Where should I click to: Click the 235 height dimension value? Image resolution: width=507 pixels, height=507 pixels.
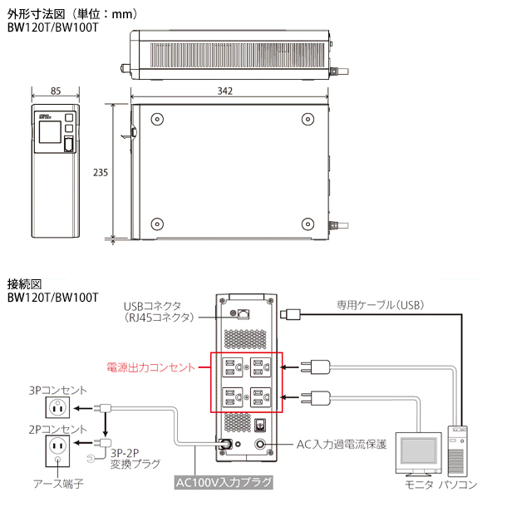tap(100, 172)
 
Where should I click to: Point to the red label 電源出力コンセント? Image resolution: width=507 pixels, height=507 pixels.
tap(150, 367)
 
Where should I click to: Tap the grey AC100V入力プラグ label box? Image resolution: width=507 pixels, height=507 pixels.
tap(224, 481)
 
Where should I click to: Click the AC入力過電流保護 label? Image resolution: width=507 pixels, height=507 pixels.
tap(342, 445)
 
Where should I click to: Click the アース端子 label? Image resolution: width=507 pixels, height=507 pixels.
tap(56, 482)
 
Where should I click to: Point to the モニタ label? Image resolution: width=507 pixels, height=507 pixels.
tap(418, 484)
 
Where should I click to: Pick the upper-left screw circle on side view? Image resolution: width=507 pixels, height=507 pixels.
tap(155, 119)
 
